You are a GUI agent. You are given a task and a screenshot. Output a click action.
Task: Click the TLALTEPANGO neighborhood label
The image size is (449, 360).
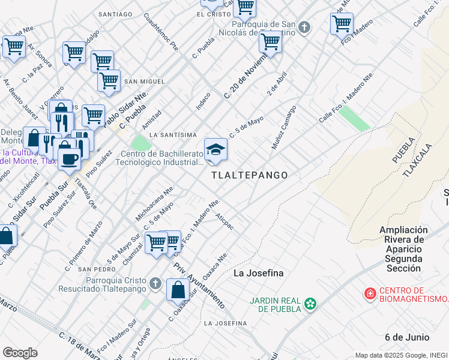[x=249, y=175]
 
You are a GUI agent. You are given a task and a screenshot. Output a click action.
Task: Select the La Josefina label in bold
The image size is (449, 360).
[x=258, y=274]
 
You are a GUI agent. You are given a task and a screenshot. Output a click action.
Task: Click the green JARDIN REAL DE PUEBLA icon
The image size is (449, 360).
[x=310, y=304]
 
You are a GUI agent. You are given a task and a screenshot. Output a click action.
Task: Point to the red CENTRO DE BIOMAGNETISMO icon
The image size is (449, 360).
[x=370, y=294]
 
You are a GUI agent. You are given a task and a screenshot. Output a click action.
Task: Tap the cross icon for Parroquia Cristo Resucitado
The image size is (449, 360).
[x=155, y=283]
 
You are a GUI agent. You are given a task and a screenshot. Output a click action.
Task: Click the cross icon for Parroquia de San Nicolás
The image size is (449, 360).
[x=304, y=27]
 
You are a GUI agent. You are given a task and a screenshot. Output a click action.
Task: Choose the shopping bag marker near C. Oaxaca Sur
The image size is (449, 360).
[x=178, y=290]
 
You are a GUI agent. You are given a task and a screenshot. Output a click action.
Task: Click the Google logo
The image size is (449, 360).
[x=20, y=352]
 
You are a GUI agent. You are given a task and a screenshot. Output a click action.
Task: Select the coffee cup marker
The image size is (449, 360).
[x=70, y=159]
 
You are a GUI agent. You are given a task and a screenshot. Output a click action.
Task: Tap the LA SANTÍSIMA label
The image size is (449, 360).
[x=173, y=134]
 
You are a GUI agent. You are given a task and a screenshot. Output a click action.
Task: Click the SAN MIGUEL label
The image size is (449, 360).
[x=144, y=81]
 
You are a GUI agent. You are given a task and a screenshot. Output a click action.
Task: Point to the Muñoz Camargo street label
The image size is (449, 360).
[x=284, y=128]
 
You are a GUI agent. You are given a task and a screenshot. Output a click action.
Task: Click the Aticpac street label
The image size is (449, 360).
[x=224, y=221]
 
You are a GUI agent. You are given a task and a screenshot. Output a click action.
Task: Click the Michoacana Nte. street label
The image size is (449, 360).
[x=155, y=204]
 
